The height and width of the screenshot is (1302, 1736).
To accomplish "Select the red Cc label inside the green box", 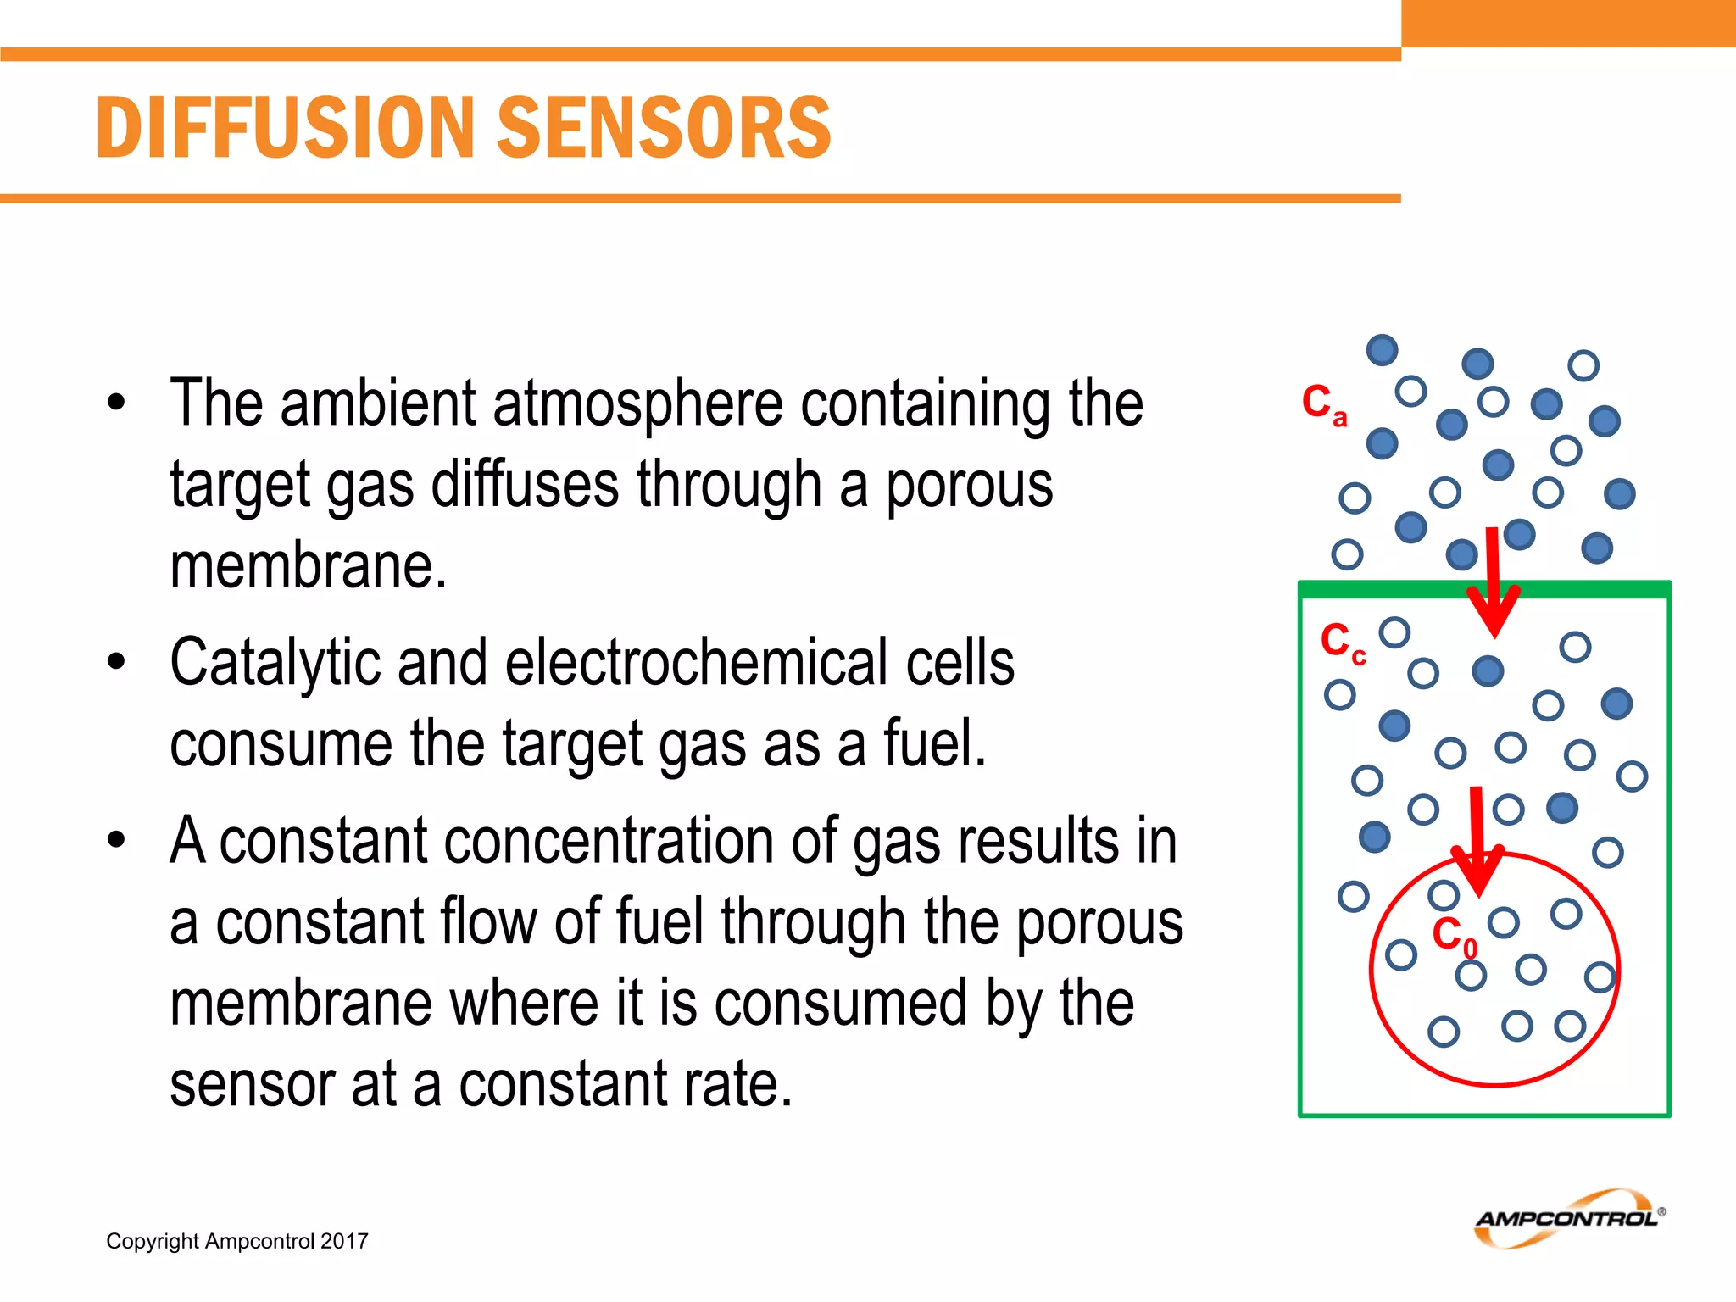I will point(1342,642).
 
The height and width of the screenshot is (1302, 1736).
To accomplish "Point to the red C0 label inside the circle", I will point(1453,936).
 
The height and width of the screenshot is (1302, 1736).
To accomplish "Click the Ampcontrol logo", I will point(1568,1218).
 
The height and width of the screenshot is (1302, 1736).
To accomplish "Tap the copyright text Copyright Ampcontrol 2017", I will point(236,1241).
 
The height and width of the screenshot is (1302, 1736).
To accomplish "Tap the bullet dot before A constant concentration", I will point(116,840).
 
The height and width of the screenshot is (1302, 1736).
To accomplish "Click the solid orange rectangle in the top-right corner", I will point(1568,23).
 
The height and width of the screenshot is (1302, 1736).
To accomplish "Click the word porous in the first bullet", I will point(969,485).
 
